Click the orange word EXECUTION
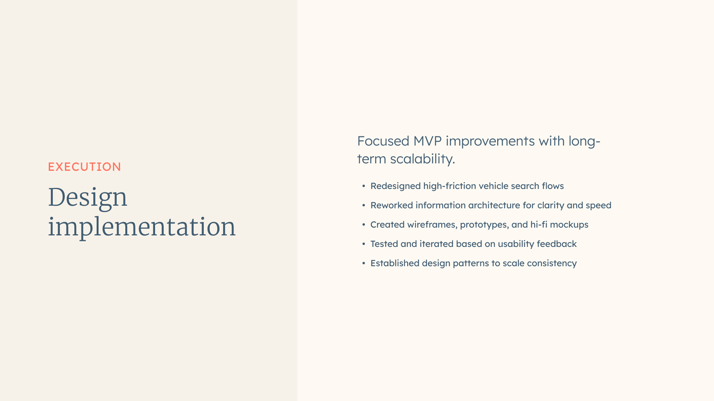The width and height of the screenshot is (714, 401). tap(84, 167)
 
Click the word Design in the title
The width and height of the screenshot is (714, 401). tap(88, 198)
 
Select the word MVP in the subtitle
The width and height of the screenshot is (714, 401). tap(427, 141)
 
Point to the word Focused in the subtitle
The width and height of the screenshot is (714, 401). tap(383, 141)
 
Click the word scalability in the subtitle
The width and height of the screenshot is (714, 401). tap(422, 159)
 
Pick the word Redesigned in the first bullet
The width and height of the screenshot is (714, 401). tap(395, 186)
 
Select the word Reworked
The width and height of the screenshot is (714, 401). tap(392, 205)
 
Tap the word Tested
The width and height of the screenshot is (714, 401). tap(384, 244)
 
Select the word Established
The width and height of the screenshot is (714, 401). tap(395, 263)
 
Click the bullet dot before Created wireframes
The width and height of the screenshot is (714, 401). tap(364, 225)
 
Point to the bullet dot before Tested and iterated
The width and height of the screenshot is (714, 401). tap(364, 244)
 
